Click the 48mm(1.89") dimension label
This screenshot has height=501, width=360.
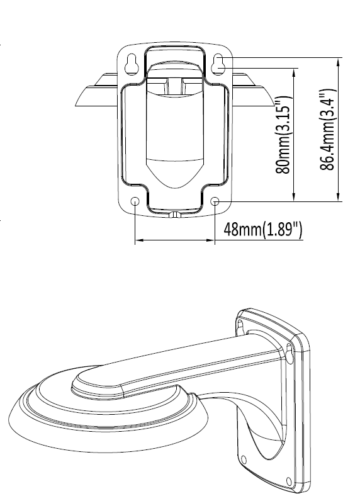262,229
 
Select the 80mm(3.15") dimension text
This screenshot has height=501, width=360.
283,135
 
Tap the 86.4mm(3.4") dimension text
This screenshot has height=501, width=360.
327,130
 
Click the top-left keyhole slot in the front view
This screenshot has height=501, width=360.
132,64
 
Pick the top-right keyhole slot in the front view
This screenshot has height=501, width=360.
218,64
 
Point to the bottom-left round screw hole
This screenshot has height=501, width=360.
135,201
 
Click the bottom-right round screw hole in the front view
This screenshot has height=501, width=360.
216,201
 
